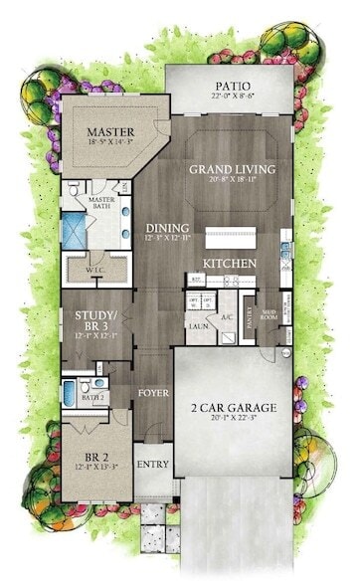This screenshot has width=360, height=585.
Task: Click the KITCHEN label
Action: [x=231, y=263]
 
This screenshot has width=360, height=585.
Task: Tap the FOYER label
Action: [x=154, y=392]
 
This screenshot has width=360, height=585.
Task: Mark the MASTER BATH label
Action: [x=100, y=203]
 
